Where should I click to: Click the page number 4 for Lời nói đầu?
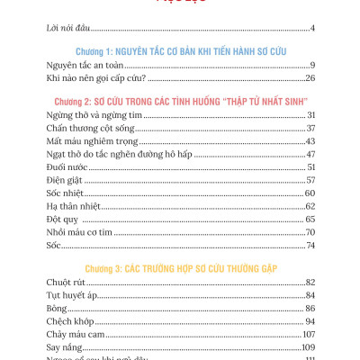tap(311, 29)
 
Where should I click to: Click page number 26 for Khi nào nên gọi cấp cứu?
tap(308, 78)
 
